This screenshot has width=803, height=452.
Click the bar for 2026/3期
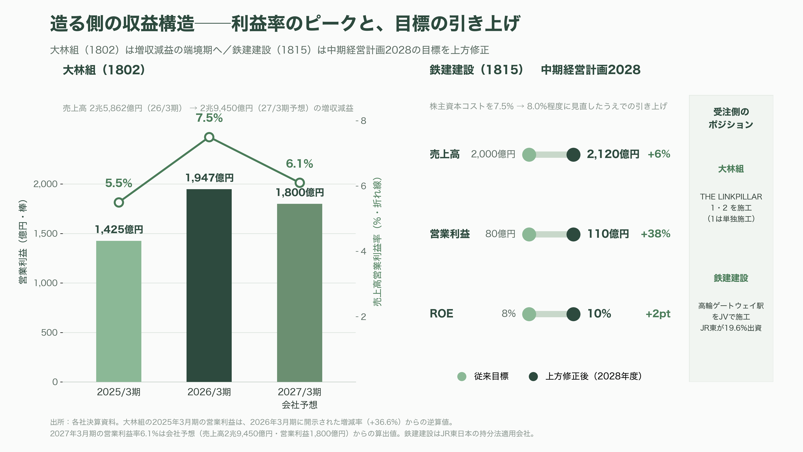209,285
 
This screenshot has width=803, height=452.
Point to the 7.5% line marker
209,137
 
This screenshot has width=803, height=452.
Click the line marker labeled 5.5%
119,202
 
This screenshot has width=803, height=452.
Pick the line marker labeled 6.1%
300,183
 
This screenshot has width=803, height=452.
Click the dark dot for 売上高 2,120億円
573,154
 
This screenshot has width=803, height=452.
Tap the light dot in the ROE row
529,314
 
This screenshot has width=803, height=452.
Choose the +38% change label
655,234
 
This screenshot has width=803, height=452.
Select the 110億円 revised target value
608,234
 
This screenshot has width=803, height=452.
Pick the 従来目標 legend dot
462,376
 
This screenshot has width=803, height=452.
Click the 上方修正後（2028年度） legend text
593,376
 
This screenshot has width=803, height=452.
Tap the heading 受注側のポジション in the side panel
731,118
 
